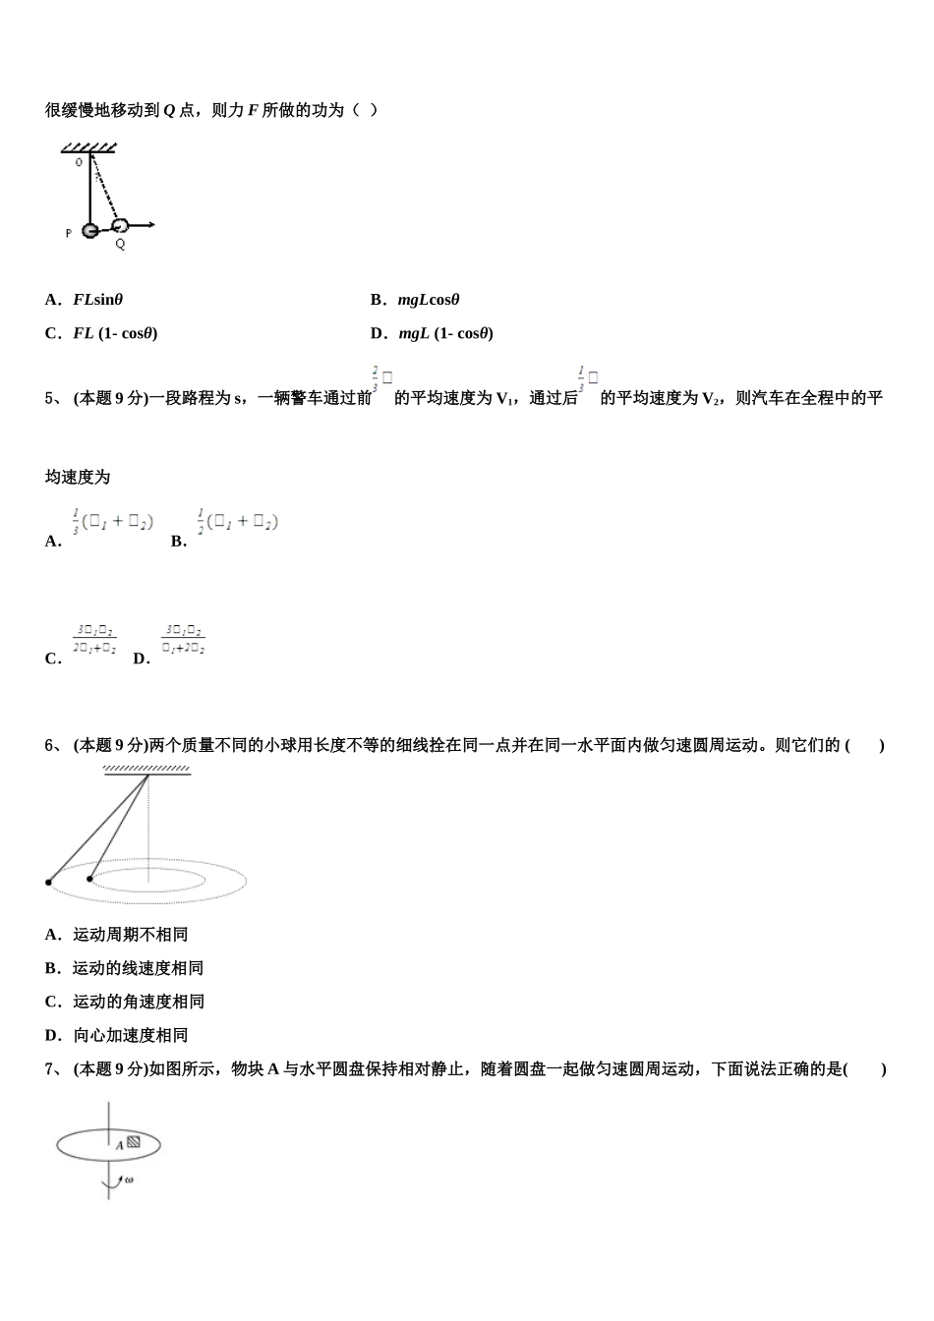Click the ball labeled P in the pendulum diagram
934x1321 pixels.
[x=89, y=231]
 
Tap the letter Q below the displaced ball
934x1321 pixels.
[x=120, y=244]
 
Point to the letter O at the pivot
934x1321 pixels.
[x=79, y=162]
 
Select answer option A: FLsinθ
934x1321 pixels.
[x=85, y=300]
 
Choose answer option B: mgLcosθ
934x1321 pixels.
[x=415, y=300]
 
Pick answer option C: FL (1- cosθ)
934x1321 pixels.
[x=101, y=333]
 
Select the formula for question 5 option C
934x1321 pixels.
[x=94, y=640]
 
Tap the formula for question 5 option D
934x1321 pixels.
[x=184, y=639]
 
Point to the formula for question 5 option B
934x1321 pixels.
[x=237, y=522]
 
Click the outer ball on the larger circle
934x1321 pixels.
[x=48, y=883]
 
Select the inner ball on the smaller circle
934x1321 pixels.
[x=89, y=879]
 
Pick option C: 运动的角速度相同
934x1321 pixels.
[x=125, y=1002]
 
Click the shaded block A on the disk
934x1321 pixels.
[x=134, y=1142]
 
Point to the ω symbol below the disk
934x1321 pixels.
[x=129, y=1178]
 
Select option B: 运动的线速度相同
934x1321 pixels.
[x=124, y=968]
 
